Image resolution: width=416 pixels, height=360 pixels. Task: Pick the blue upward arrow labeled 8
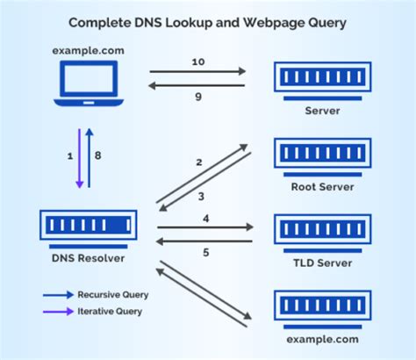[89, 157]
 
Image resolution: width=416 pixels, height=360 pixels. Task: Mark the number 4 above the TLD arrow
[205, 218]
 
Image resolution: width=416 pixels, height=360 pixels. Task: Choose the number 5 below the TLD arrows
[205, 254]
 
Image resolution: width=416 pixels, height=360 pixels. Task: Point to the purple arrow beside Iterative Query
[59, 311]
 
